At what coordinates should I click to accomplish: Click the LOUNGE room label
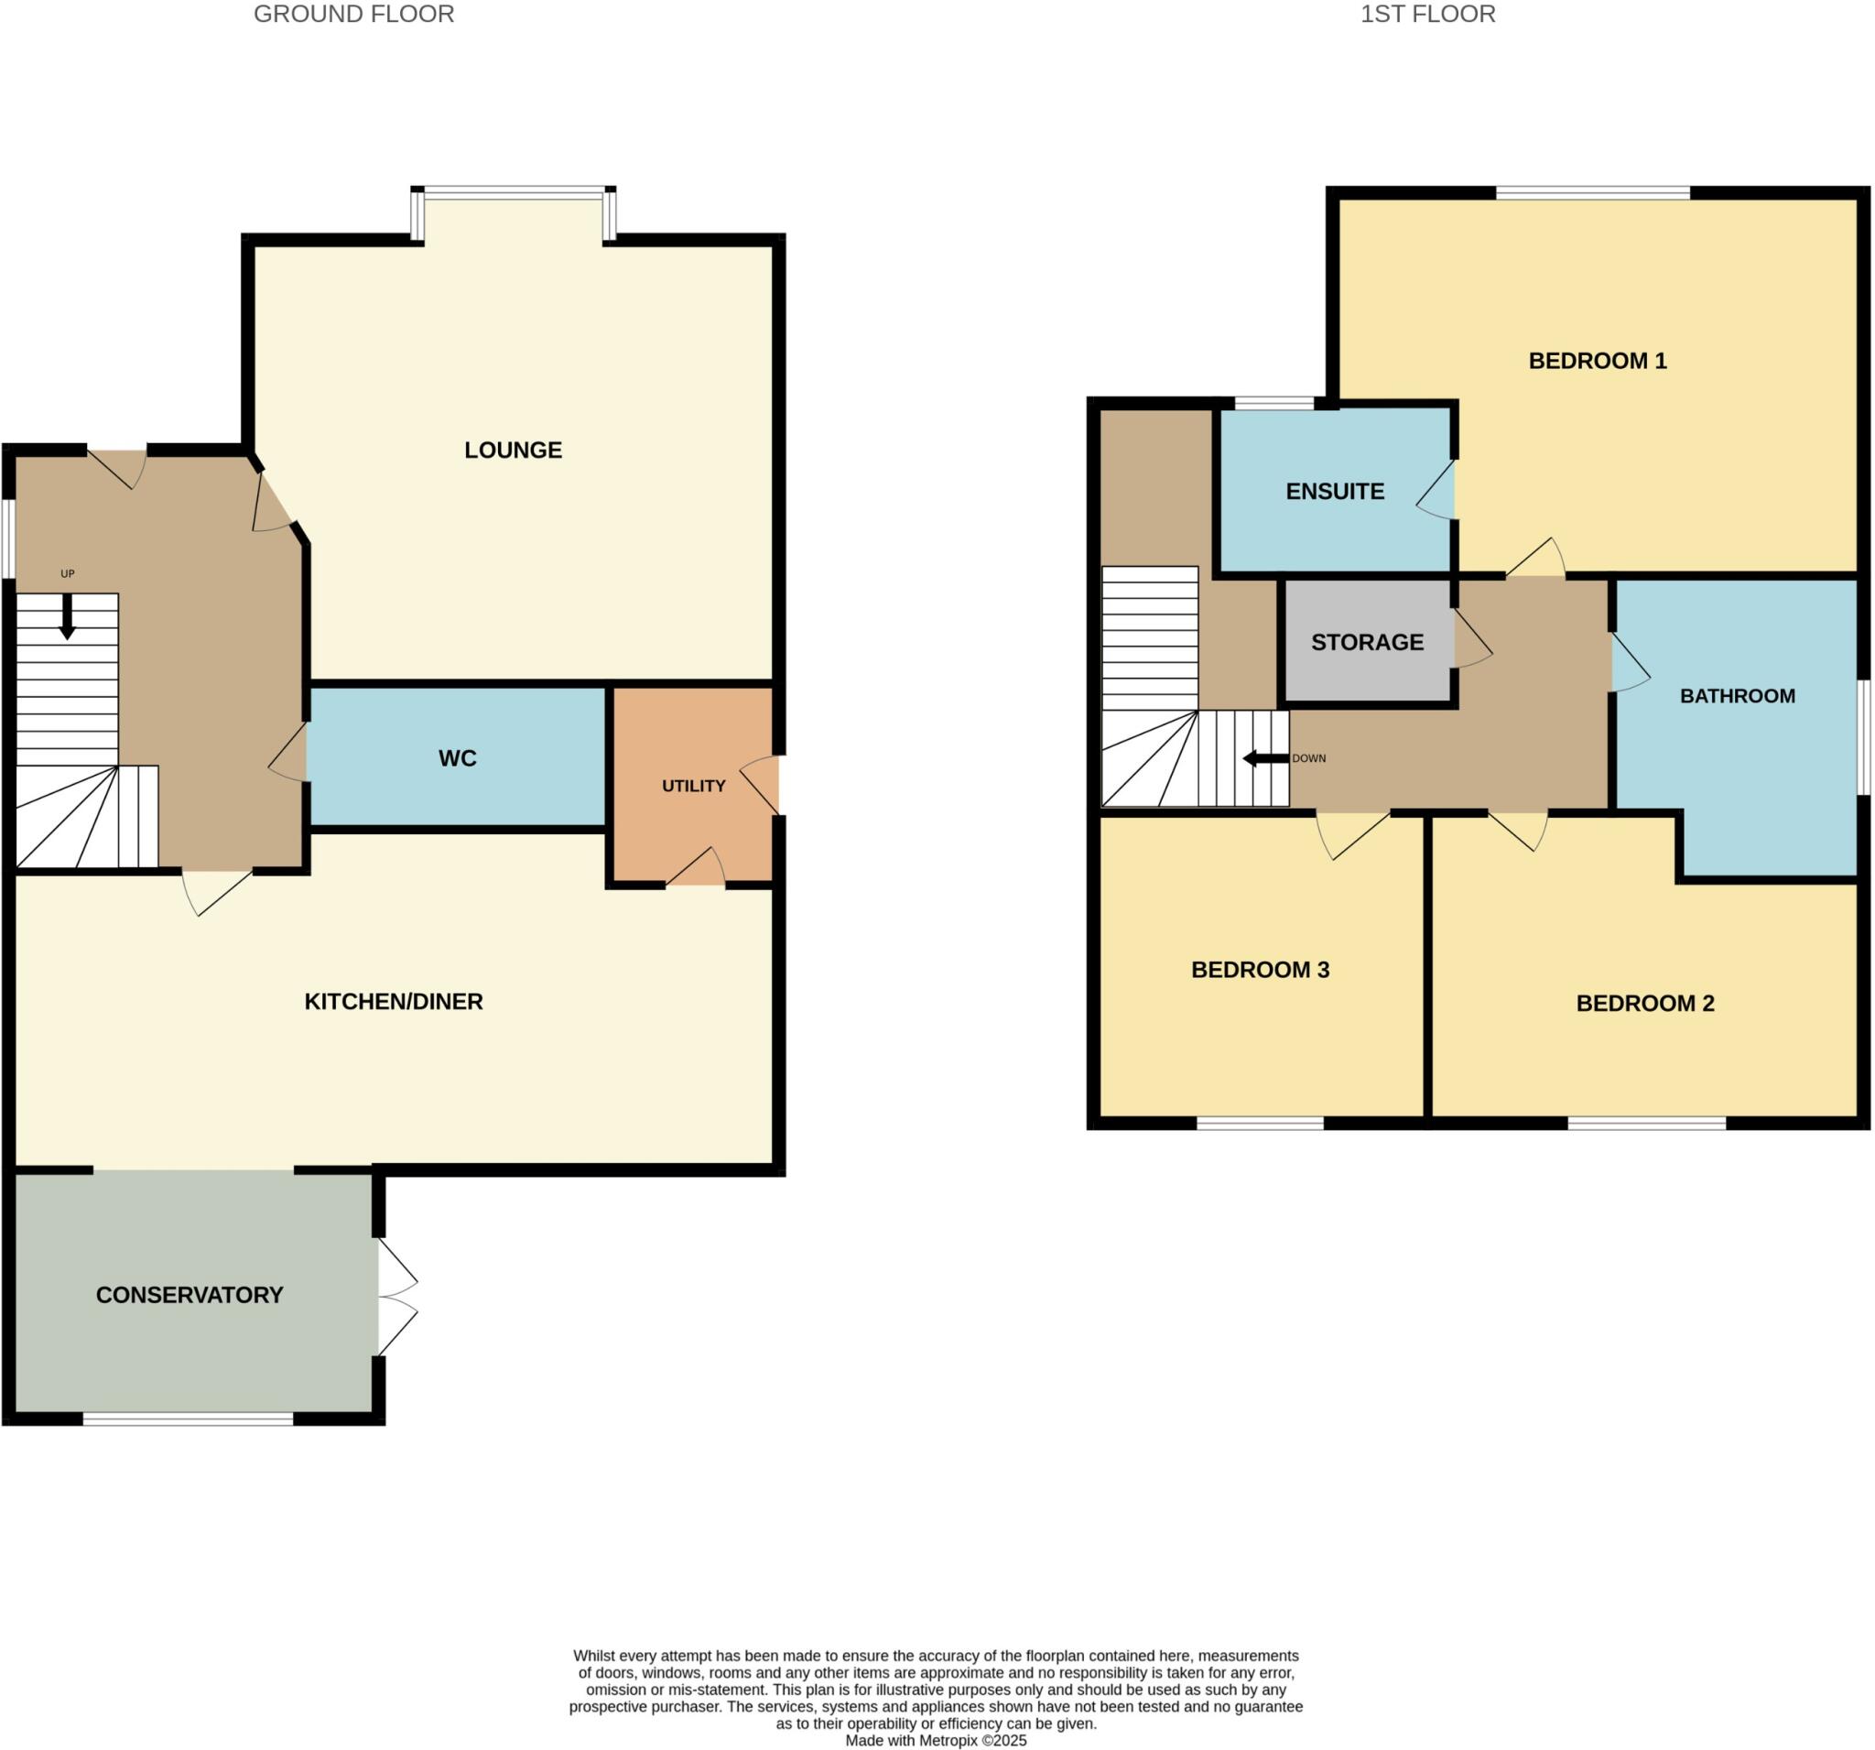(513, 450)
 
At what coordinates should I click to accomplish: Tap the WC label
(458, 758)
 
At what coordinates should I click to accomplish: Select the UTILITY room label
(693, 786)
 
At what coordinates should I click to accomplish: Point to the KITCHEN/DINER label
(394, 1002)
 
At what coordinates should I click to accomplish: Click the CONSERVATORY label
(190, 1295)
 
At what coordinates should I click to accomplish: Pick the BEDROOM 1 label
(1597, 361)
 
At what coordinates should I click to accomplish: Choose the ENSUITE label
(1335, 492)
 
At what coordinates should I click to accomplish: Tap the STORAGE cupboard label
(1367, 643)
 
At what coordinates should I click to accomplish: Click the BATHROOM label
(1738, 696)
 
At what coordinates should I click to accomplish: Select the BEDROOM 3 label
(1260, 970)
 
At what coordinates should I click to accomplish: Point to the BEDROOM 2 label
(1645, 1004)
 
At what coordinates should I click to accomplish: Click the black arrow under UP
(67, 617)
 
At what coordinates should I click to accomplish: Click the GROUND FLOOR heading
(353, 14)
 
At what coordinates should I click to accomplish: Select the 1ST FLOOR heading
(1427, 14)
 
